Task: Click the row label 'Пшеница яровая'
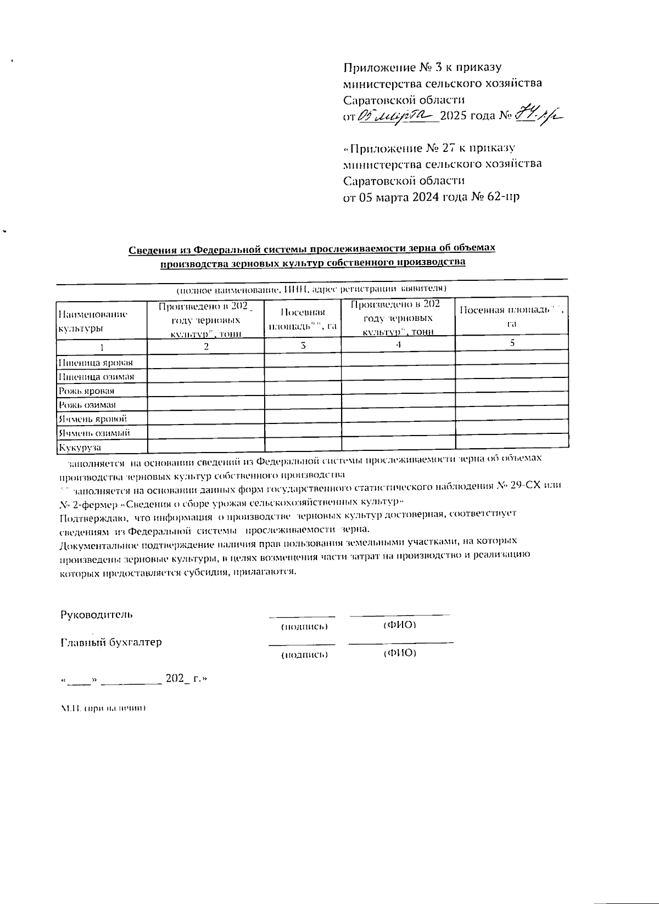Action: click(x=96, y=363)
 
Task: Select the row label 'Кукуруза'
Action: click(x=80, y=448)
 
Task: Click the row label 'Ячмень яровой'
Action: click(x=93, y=419)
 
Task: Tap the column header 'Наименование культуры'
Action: click(x=92, y=321)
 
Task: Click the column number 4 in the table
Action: click(x=398, y=344)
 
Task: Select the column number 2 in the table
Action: click(x=206, y=346)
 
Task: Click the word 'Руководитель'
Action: click(x=96, y=614)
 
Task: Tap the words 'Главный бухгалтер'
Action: click(x=111, y=642)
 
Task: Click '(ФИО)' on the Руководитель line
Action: click(x=399, y=625)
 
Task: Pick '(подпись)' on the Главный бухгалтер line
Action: click(x=304, y=654)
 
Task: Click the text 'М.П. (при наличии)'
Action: click(x=103, y=708)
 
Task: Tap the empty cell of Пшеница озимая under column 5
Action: click(x=511, y=377)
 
